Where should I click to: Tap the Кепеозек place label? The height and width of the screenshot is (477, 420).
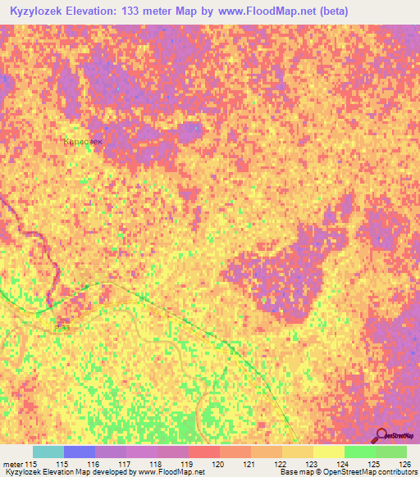[83, 142]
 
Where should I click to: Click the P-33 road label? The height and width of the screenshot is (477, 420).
[62, 329]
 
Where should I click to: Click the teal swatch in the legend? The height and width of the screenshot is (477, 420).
[48, 452]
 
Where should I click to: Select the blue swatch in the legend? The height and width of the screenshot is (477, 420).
[80, 452]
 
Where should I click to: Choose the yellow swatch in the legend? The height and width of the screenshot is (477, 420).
[328, 452]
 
